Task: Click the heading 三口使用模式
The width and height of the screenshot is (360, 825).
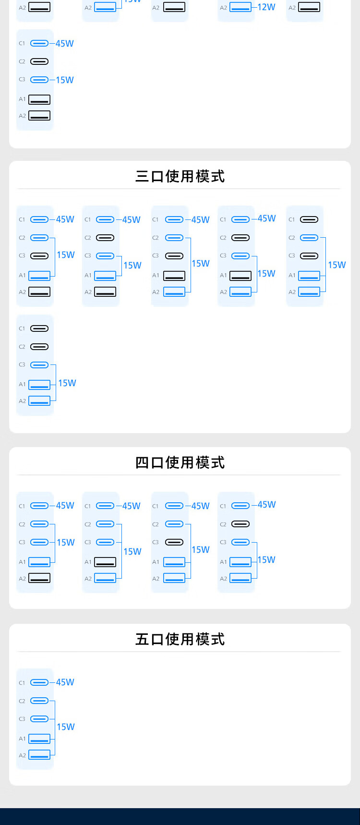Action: [180, 176]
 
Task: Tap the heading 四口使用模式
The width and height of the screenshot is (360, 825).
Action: [180, 462]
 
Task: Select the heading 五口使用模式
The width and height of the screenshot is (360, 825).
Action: [180, 639]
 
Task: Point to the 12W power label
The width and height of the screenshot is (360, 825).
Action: [266, 7]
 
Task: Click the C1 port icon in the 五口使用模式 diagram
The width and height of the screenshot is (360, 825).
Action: [39, 682]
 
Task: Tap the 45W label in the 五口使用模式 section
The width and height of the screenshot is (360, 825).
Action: [65, 682]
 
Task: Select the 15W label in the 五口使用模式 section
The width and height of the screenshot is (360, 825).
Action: [66, 727]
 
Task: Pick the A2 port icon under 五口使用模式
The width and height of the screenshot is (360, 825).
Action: [39, 755]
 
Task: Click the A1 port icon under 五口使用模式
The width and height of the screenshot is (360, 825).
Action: [39, 739]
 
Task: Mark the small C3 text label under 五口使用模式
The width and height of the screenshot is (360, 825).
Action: [22, 719]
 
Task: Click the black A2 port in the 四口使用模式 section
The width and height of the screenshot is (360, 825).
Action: [39, 578]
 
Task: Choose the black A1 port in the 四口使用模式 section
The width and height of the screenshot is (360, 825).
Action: [105, 561]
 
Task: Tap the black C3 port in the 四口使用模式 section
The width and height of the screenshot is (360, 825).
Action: [174, 542]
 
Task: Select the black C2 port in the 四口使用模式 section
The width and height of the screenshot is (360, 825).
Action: [240, 524]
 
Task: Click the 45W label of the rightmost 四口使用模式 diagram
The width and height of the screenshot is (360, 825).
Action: [267, 505]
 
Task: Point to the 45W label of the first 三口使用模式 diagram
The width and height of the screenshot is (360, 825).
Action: [65, 219]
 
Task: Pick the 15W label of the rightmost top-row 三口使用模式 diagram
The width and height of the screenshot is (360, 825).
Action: [337, 265]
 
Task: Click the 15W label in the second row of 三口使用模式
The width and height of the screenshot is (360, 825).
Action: [67, 383]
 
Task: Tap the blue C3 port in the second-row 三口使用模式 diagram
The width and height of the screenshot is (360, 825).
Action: [39, 365]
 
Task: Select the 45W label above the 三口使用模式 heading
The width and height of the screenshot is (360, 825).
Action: [65, 44]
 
